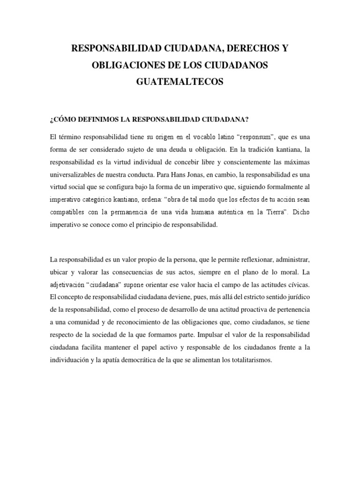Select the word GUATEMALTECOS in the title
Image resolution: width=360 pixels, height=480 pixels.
tap(180, 82)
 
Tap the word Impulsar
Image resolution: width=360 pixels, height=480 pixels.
tap(212, 336)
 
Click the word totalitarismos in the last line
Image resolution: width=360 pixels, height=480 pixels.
tap(249, 360)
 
